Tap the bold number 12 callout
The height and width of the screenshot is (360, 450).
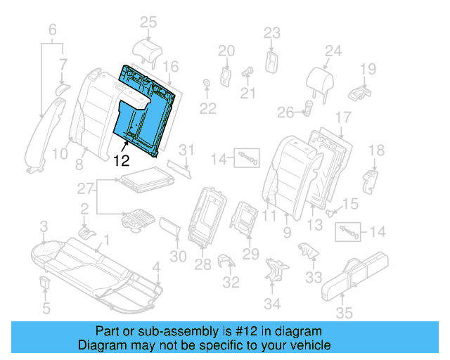coord(121,160)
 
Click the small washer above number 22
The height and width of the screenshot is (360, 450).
coord(207,85)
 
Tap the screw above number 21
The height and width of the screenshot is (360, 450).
coord(248,70)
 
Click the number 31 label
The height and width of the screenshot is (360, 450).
coord(186,150)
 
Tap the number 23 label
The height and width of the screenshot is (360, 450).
coord(271,32)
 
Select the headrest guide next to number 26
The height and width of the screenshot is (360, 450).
coord(308,108)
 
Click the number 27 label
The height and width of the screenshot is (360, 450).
coord(85,188)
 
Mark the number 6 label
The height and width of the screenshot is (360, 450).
coord(52,30)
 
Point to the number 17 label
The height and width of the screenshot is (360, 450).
coord(342,117)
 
